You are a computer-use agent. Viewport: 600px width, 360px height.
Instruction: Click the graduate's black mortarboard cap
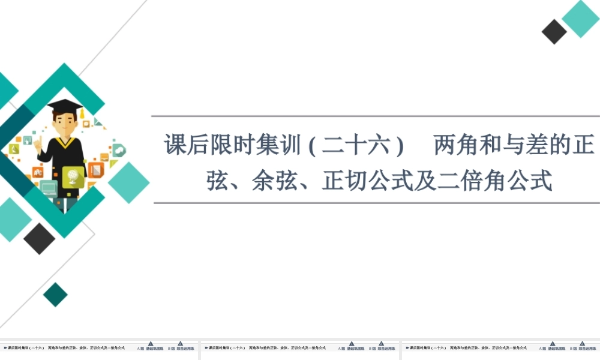65,106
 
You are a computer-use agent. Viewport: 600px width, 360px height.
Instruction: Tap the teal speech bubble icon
118,150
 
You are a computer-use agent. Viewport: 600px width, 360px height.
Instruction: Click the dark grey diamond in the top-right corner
554,32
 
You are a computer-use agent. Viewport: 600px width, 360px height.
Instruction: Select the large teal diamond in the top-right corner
580,19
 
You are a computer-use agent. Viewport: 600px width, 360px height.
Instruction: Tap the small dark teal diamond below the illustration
55,295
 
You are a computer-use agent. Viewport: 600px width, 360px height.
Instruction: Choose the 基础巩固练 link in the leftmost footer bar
154,348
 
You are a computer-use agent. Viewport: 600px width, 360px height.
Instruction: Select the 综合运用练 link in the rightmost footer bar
587,348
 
